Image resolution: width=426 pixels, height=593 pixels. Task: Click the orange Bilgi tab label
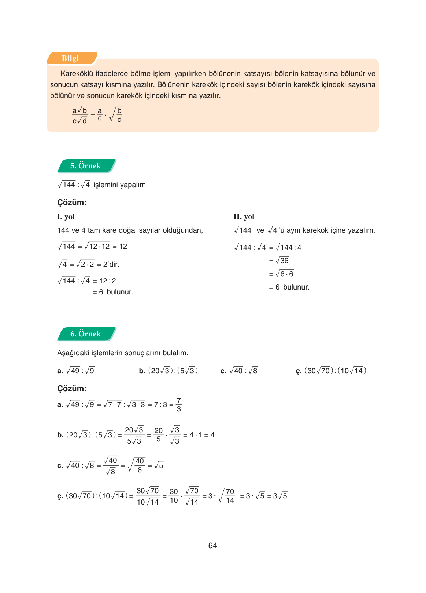pyautogui.click(x=70, y=58)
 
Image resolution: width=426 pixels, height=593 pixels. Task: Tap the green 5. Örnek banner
pyautogui.click(x=85, y=166)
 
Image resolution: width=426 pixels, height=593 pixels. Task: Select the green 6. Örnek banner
pyautogui.click(x=85, y=334)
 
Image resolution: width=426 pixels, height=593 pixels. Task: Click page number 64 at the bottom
pyautogui.click(x=212, y=546)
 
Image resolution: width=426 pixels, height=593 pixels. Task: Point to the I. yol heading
pyautogui.click(x=66, y=217)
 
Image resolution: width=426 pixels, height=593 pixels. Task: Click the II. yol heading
pyautogui.click(x=244, y=217)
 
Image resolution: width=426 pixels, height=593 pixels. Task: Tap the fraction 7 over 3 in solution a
pyautogui.click(x=178, y=404)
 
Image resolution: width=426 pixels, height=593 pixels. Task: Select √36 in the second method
pyautogui.click(x=282, y=261)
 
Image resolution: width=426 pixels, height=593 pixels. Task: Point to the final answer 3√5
pyautogui.click(x=280, y=496)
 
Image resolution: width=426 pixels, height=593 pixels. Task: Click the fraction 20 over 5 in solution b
pyautogui.click(x=158, y=435)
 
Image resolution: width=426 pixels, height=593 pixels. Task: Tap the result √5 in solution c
pyautogui.click(x=159, y=465)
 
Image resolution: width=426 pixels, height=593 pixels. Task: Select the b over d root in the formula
pyautogui.click(x=116, y=115)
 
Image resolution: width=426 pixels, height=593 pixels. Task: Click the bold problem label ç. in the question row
pyautogui.click(x=299, y=371)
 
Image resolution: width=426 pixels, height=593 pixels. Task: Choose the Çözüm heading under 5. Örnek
pyautogui.click(x=72, y=203)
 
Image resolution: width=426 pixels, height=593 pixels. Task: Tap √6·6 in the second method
pyautogui.click(x=285, y=274)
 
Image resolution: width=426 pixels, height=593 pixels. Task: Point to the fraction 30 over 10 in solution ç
pyautogui.click(x=174, y=496)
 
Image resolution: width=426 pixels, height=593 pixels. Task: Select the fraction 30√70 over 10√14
pyautogui.click(x=148, y=496)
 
